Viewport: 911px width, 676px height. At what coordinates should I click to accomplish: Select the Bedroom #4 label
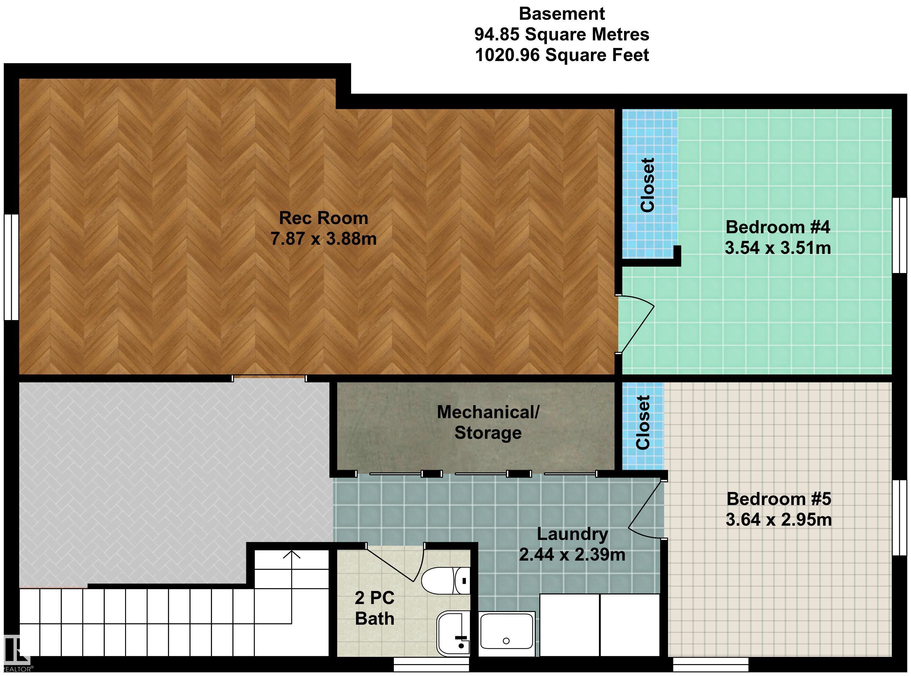click(x=778, y=227)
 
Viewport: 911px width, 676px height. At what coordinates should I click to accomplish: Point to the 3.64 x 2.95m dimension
click(x=779, y=520)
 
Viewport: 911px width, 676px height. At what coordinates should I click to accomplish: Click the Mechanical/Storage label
click(x=488, y=422)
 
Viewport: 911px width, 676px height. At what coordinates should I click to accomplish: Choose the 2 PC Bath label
click(x=375, y=608)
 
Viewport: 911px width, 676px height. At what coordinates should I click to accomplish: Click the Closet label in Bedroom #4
click(x=647, y=185)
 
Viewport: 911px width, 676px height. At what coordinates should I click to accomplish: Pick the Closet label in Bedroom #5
click(x=643, y=423)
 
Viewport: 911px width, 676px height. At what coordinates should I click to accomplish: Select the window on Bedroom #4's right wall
click(x=899, y=235)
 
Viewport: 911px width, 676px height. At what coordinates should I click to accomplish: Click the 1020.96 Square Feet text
click(x=562, y=55)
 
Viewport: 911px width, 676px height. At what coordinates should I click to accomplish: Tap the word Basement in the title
click(x=562, y=14)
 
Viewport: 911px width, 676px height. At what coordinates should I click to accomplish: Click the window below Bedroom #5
click(x=711, y=664)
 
